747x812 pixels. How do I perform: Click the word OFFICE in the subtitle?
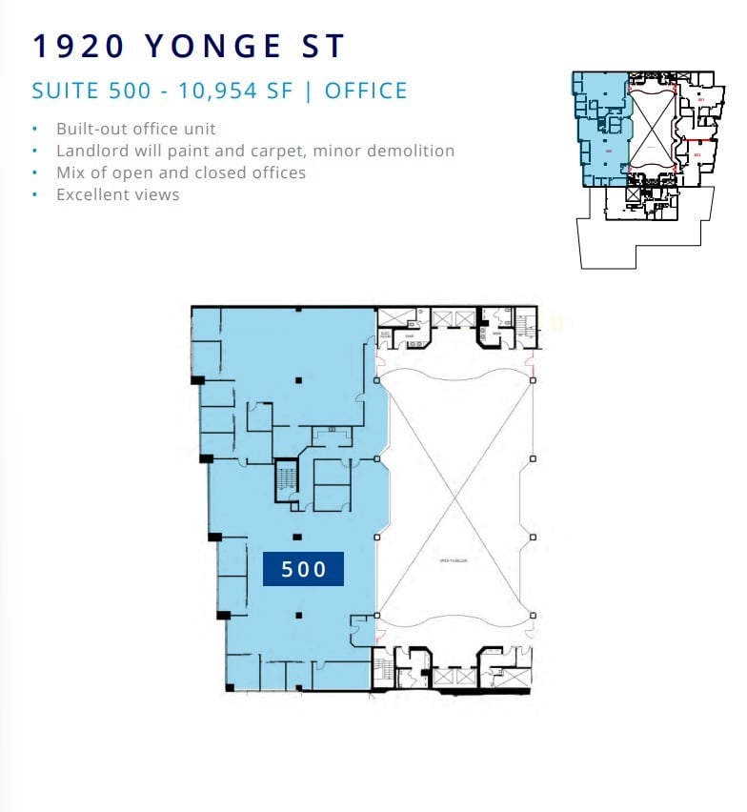pos(366,91)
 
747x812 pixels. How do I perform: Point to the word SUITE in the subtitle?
pos(63,91)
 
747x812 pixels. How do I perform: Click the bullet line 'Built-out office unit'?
pos(136,129)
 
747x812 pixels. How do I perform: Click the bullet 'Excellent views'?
pos(117,194)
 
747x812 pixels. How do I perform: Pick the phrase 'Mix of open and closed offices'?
pos(181,173)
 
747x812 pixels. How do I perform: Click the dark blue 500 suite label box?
pos(304,570)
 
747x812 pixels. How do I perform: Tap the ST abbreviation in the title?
pos(321,46)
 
